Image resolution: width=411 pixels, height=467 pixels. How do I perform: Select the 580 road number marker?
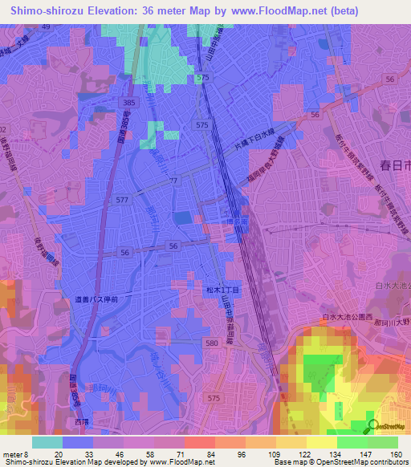pyautogui.click(x=210, y=343)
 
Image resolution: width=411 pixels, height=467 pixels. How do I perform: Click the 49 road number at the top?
pyautogui.click(x=45, y=26)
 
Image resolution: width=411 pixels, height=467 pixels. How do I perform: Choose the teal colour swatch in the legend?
pyautogui.click(x=47, y=442)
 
